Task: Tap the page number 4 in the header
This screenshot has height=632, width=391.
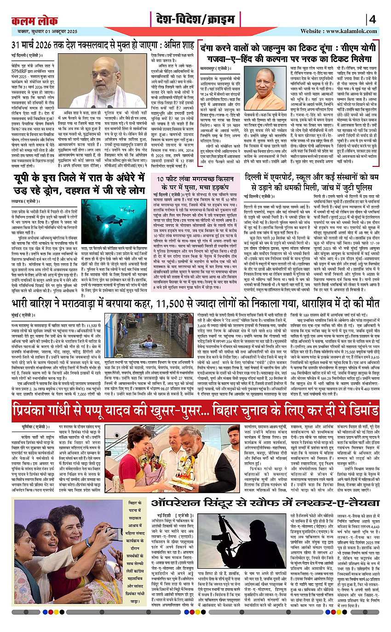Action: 372,20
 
